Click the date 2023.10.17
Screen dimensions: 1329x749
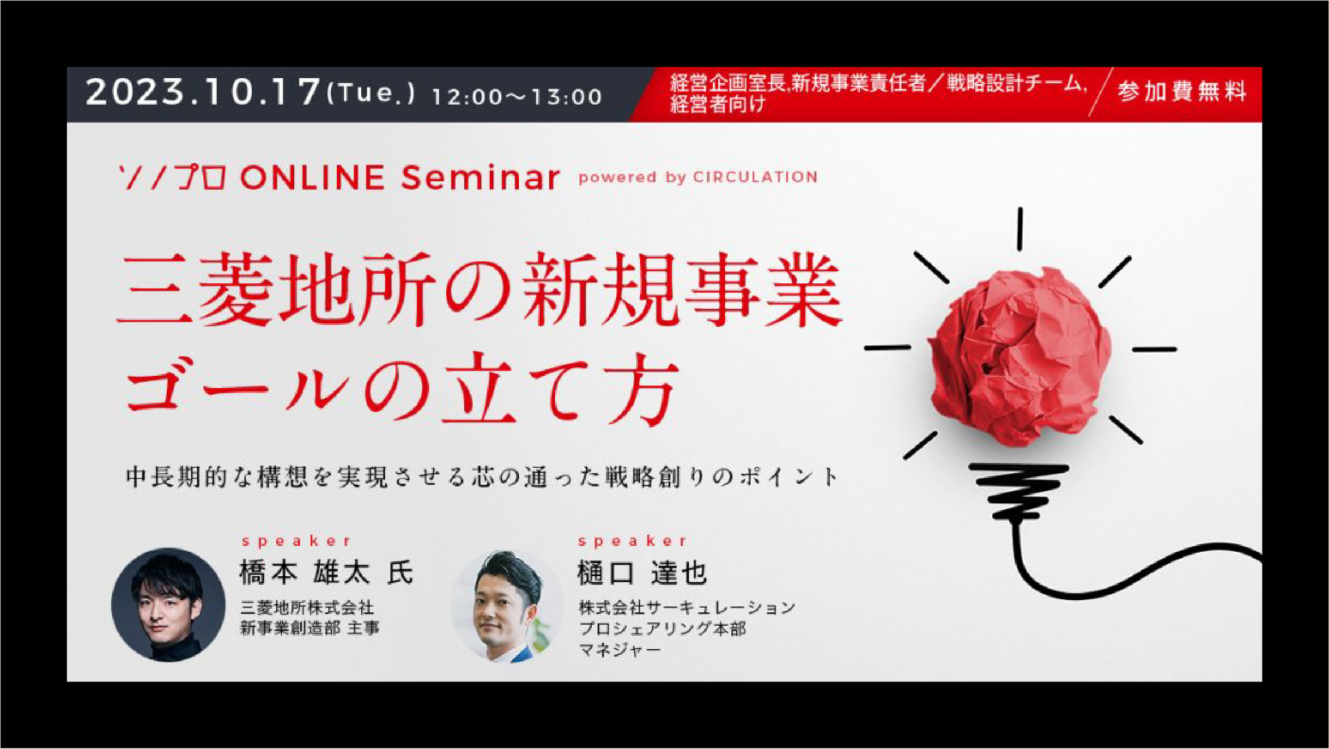(x=203, y=91)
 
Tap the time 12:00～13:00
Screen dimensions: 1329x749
(x=517, y=97)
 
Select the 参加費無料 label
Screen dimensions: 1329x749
(x=1182, y=91)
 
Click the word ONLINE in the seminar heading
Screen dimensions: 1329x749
(x=313, y=178)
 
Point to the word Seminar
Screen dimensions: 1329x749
(x=480, y=178)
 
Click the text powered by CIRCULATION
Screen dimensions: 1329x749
(x=698, y=178)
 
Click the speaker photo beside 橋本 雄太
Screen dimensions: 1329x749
(x=168, y=605)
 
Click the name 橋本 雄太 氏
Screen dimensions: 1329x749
(x=326, y=573)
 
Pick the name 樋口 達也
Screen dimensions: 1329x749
(x=642, y=574)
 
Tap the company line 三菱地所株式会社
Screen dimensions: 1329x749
(x=307, y=608)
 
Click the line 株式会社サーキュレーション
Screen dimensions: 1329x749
(x=687, y=608)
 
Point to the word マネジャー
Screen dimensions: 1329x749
(x=620, y=650)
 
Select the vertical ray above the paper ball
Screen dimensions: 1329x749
(x=1020, y=229)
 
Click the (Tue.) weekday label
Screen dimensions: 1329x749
(x=371, y=94)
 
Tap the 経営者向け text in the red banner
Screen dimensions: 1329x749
(x=717, y=104)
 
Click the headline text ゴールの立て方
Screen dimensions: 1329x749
(x=403, y=389)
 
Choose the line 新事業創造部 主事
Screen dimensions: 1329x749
(x=310, y=628)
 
